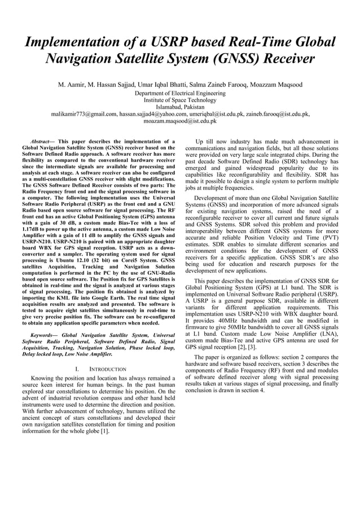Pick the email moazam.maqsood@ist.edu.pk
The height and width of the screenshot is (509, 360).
tap(180, 120)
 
